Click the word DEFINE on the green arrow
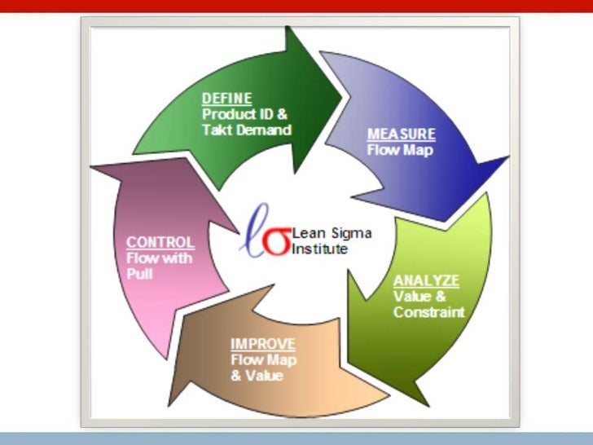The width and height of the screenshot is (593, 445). [226, 99]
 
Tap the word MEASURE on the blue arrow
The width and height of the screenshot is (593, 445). [402, 134]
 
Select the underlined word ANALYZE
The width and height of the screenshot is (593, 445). [426, 280]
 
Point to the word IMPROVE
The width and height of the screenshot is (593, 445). [262, 344]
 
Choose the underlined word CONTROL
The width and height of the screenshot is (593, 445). [160, 242]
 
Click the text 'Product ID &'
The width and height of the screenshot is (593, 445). [244, 114]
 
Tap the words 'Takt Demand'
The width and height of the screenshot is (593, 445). [246, 129]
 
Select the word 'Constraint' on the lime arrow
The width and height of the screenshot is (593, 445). [428, 311]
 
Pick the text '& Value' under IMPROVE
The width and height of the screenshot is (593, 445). [257, 376]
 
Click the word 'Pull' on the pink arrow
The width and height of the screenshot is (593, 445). [139, 274]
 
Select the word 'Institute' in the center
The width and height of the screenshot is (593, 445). [320, 249]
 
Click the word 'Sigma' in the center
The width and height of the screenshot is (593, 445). [347, 234]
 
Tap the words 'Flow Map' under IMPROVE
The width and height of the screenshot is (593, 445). [263, 360]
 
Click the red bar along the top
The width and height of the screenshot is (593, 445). [296, 6]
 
